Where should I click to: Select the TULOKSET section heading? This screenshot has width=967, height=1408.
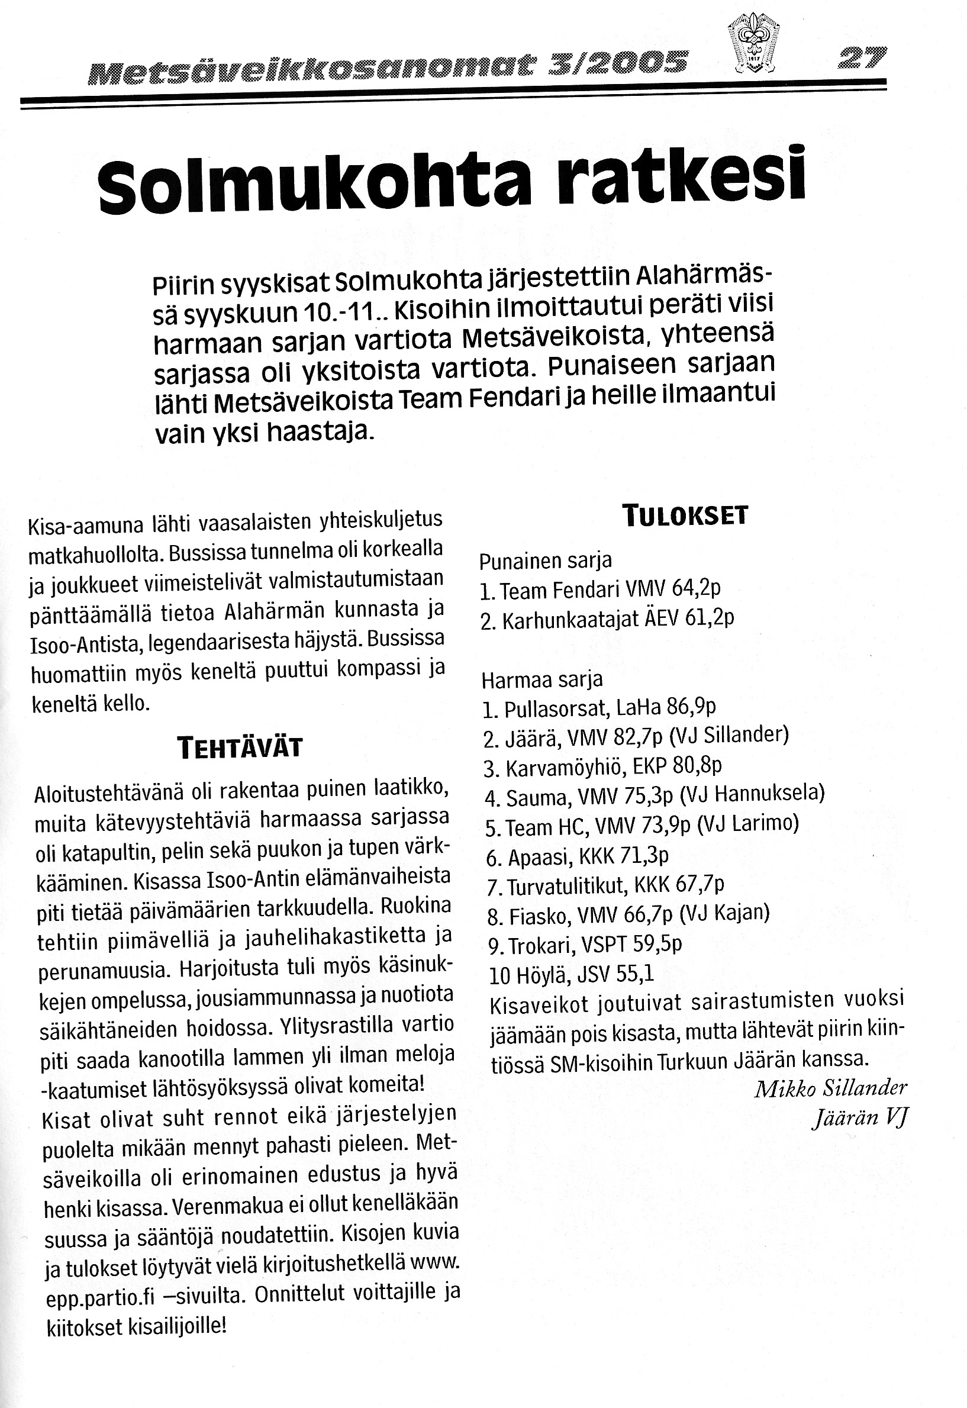[x=685, y=515]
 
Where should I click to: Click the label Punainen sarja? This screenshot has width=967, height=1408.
[x=545, y=561]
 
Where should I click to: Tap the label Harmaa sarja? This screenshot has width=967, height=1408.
[x=541, y=679]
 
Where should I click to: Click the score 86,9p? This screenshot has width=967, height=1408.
[x=691, y=707]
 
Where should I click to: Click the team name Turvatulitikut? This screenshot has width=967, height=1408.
[x=566, y=887]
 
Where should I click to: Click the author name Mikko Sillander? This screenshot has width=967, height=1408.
[x=831, y=1088]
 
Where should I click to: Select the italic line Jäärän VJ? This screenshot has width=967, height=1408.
[x=860, y=1118]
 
